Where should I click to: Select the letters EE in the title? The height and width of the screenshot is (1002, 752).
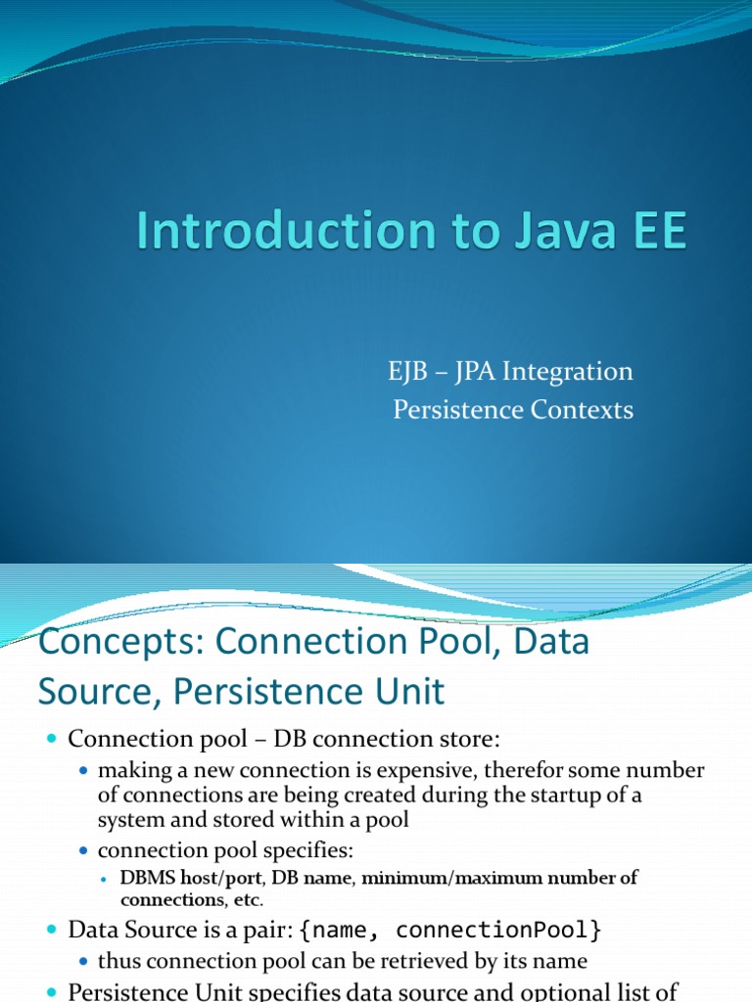point(655,232)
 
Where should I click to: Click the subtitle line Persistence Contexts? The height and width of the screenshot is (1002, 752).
point(513,410)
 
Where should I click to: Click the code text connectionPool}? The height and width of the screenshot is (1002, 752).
point(520,927)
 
